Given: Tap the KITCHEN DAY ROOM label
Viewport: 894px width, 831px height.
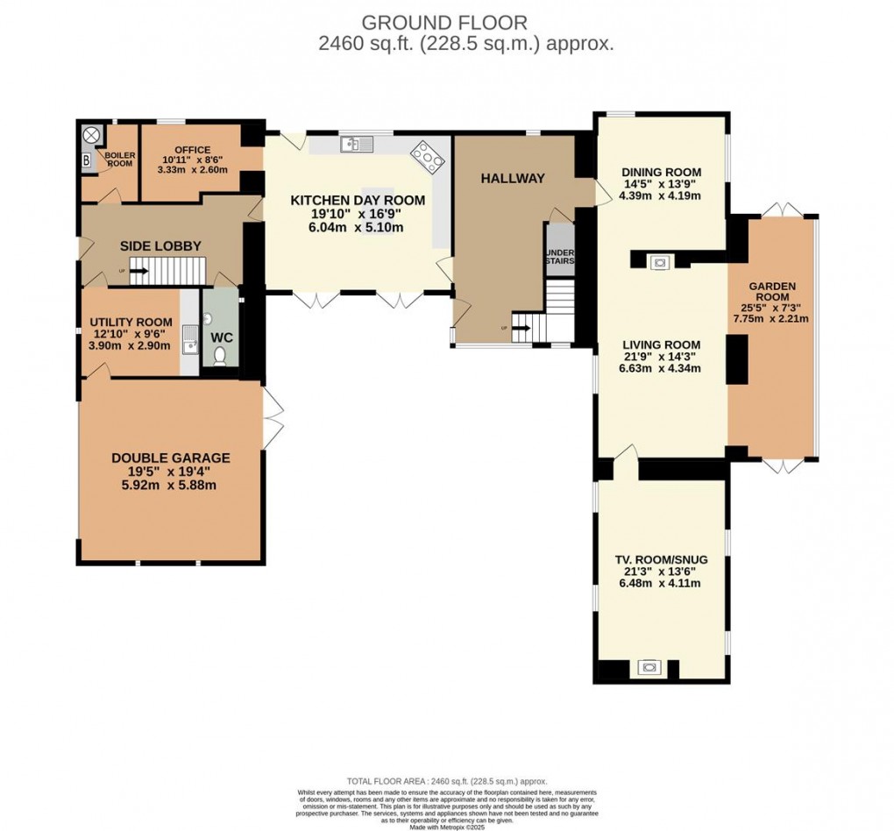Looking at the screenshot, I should click(x=358, y=200).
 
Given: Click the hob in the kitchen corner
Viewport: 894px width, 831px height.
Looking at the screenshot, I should click(x=426, y=154).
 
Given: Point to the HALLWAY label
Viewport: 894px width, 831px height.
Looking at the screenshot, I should click(x=513, y=178).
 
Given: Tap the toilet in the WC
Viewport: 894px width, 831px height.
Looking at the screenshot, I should click(x=219, y=355).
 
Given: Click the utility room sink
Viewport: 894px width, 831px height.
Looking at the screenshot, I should click(x=189, y=340).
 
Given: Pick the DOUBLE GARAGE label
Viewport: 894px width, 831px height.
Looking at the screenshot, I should click(x=171, y=458).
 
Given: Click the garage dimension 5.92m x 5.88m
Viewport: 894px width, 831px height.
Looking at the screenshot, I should click(x=171, y=485).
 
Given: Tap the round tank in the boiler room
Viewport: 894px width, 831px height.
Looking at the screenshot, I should click(x=90, y=135).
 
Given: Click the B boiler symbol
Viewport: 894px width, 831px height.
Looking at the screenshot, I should click(x=86, y=160).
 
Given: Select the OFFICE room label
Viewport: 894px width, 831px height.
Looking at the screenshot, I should click(x=192, y=149).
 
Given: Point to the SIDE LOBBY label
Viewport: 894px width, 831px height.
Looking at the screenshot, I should click(x=160, y=245).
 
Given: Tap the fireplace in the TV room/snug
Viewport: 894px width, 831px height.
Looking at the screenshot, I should click(x=649, y=668).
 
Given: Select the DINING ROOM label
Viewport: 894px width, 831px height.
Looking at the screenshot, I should click(x=662, y=172).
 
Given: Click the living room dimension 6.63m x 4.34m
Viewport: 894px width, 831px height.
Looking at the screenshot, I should click(x=662, y=368).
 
